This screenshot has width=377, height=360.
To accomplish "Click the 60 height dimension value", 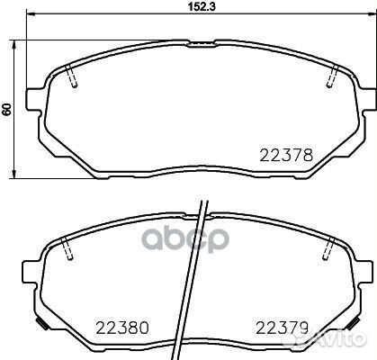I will [x=8, y=109].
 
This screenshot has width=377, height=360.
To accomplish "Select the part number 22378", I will [x=286, y=155].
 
